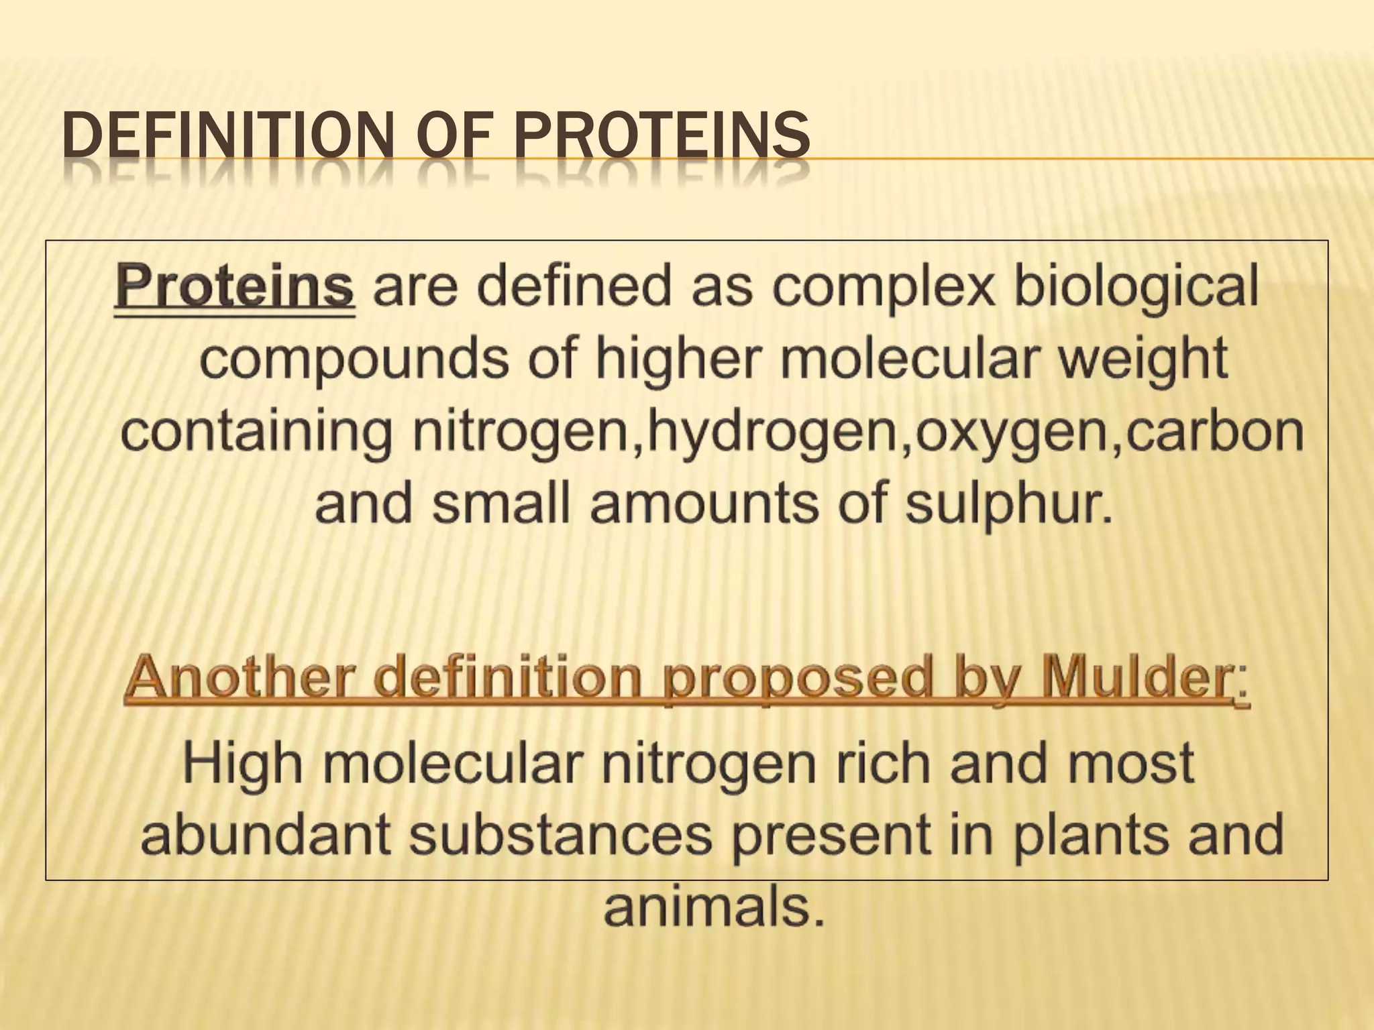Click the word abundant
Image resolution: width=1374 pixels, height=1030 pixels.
(x=266, y=834)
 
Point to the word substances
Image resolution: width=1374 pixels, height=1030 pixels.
(x=561, y=834)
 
